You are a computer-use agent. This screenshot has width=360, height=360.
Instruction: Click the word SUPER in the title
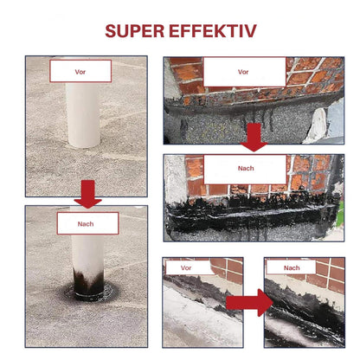[x=134, y=31]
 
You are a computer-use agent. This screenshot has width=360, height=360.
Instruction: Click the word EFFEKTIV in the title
[x=213, y=31]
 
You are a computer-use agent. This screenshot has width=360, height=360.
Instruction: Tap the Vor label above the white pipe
[x=80, y=72]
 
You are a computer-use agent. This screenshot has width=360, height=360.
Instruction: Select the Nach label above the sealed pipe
[x=86, y=224]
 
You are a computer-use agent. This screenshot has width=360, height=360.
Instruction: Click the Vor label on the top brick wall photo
[x=243, y=72]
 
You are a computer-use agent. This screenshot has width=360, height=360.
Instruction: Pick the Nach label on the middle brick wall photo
[x=246, y=168]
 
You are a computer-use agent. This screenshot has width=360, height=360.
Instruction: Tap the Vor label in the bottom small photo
[x=186, y=268]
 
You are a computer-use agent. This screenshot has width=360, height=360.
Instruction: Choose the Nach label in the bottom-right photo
[x=292, y=268]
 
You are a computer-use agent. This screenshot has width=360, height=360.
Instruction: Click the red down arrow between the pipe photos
[x=87, y=194]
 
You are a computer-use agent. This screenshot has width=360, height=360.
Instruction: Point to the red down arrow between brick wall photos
[x=254, y=137]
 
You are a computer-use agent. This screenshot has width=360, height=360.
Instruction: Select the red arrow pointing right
[x=249, y=302]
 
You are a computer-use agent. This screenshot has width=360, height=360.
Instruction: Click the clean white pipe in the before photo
[x=83, y=115]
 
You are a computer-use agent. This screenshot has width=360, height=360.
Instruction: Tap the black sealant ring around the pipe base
[x=92, y=293]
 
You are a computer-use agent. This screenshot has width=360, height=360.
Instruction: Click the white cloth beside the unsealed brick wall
[x=317, y=126]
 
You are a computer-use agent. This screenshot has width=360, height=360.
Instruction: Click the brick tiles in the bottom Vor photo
[x=228, y=269]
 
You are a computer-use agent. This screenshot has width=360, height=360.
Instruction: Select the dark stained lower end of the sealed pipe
[x=88, y=281]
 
